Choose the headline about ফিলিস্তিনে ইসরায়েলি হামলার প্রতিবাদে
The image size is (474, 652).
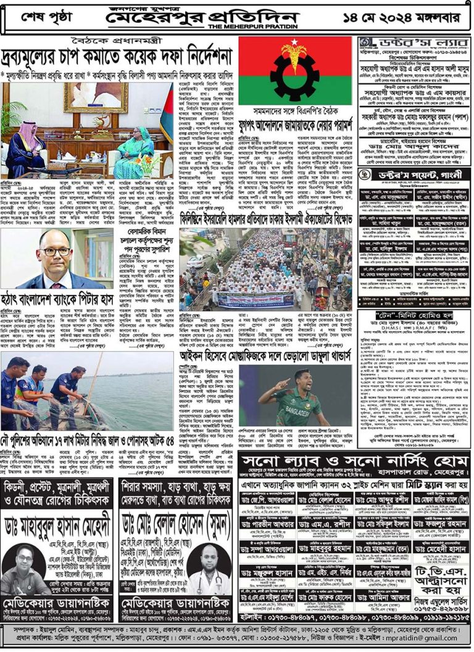[267, 218]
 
